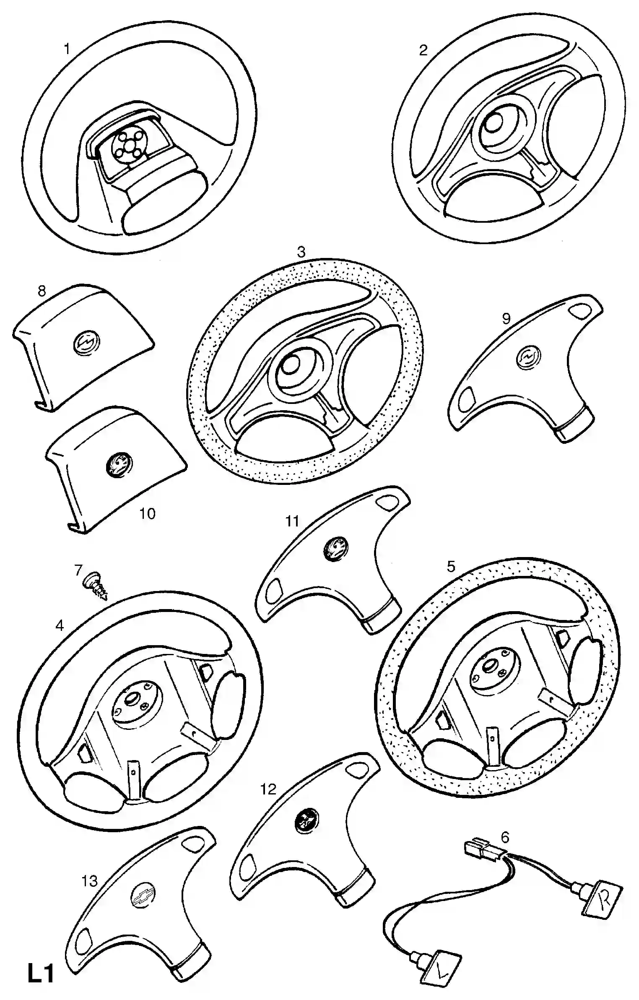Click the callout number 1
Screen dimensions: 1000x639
(67, 49)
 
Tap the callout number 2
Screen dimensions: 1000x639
(423, 50)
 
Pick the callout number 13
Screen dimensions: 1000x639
(89, 881)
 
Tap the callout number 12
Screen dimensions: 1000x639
(268, 789)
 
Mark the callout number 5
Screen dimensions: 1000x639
(451, 567)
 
